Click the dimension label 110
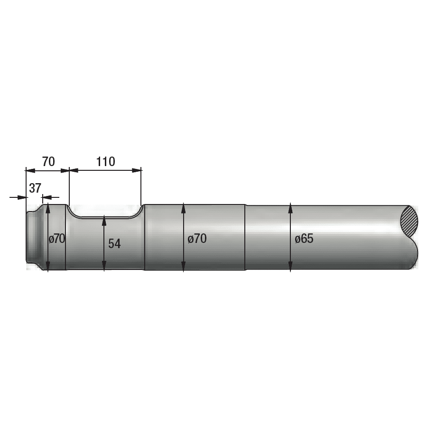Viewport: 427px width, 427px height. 106,162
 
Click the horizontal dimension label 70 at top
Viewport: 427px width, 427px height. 48,162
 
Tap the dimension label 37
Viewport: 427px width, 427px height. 35,188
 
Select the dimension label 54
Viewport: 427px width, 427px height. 114,243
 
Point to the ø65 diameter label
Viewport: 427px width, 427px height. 304,239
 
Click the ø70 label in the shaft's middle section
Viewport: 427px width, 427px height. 197,239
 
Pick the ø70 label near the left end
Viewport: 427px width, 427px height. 57,239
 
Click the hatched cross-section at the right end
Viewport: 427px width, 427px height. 409,221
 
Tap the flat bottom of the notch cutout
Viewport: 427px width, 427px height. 104,217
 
